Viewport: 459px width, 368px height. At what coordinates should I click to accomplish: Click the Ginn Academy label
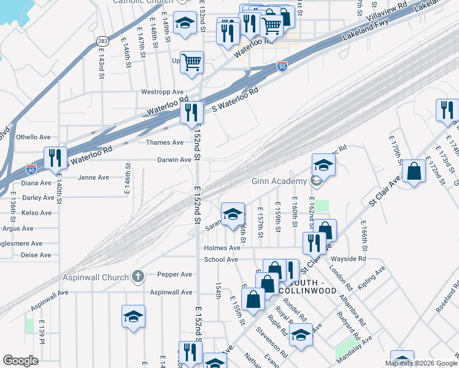click(279, 181)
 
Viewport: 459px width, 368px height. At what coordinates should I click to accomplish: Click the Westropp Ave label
click(163, 92)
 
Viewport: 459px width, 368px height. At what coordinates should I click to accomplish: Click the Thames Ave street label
click(164, 142)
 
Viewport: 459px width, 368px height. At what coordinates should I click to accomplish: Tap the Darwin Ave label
click(175, 160)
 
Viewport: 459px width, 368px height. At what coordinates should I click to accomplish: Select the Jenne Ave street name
click(93, 177)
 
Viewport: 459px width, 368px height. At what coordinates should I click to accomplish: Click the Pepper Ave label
click(175, 274)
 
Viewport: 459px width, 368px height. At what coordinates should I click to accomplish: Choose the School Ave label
click(221, 259)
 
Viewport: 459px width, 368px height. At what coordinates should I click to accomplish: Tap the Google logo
click(20, 361)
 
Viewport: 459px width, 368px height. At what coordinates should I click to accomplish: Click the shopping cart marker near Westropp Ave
click(191, 61)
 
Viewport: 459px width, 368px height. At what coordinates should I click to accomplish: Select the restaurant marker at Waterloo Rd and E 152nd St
click(191, 112)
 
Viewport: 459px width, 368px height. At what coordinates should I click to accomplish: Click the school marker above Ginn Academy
click(323, 165)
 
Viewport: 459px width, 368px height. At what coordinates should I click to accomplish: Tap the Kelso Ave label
click(37, 213)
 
